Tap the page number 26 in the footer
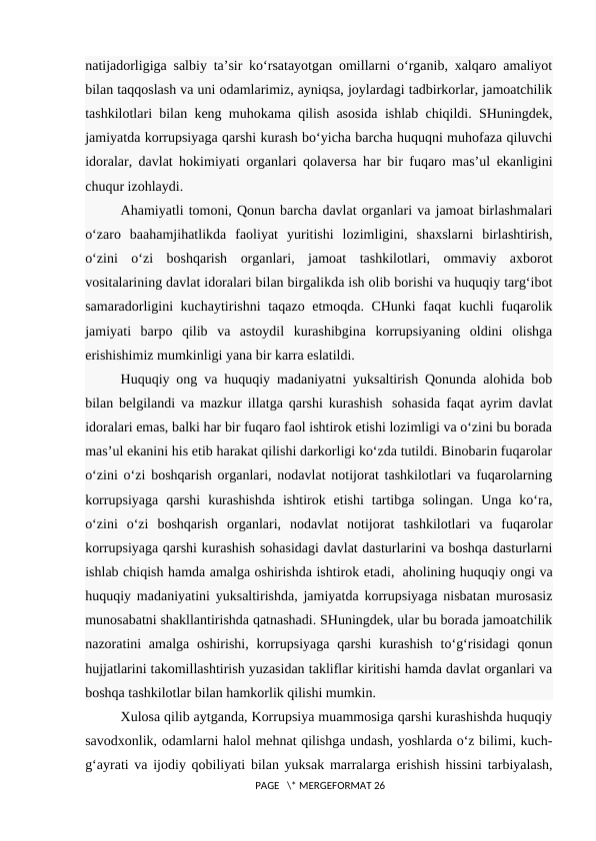(377, 788)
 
